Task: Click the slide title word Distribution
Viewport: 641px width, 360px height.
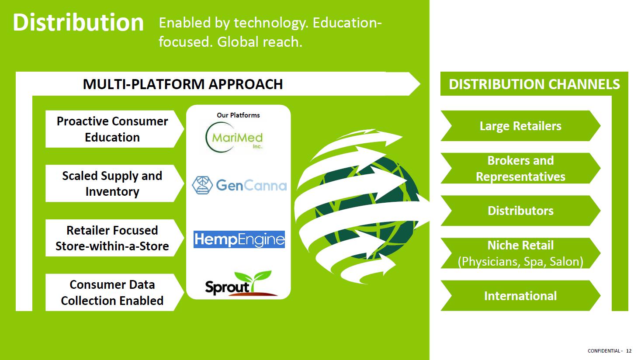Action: coord(78,23)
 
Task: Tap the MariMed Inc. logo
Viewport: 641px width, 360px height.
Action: coord(234,138)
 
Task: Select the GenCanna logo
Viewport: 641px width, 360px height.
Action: coord(239,185)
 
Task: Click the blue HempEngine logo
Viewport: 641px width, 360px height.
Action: coord(239,239)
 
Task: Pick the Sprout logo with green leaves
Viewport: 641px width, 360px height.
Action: coord(240,283)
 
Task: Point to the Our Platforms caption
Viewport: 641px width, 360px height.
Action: coord(238,115)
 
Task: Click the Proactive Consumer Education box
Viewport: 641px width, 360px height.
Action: coord(114,129)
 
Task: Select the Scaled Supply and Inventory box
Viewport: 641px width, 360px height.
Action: coord(114,183)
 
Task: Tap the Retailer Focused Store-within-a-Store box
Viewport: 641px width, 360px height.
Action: coord(114,238)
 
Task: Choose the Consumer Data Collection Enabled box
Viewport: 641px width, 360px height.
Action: coord(114,292)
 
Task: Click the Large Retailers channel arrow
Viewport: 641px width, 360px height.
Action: coord(520,126)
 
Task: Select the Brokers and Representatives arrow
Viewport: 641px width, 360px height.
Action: coord(520,168)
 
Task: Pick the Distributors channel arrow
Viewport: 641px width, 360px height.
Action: coord(520,211)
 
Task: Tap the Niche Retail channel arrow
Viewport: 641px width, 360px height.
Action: coord(520,253)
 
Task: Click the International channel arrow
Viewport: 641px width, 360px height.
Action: coord(520,296)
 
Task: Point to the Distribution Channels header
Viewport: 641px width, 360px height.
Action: coord(534,84)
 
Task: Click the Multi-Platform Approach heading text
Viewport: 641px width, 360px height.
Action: coord(183,84)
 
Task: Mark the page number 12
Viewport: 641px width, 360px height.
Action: coord(629,351)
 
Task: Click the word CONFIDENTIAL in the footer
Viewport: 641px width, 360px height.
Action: coord(604,351)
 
